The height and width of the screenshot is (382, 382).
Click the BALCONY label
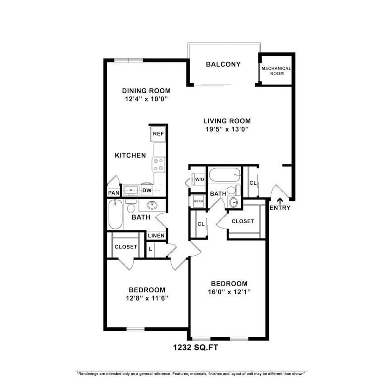tap(223, 64)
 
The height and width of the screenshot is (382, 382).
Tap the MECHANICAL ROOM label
tap(276, 71)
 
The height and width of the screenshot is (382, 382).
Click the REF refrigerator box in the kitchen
tap(158, 134)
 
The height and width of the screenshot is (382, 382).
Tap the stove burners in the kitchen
tap(158, 164)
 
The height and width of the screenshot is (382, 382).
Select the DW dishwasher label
tap(147, 191)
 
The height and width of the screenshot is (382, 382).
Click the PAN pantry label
tap(113, 193)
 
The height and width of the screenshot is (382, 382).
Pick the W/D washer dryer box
tap(199, 179)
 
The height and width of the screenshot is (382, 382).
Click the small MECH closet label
tap(198, 201)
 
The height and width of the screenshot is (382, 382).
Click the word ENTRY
tap(280, 208)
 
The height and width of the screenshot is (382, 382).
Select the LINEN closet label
tap(156, 236)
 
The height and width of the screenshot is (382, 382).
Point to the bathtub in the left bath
tap(115, 215)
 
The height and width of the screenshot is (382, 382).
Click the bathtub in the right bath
tap(224, 174)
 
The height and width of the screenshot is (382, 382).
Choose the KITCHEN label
tap(130, 155)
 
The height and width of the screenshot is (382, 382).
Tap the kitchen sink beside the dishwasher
tap(131, 190)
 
